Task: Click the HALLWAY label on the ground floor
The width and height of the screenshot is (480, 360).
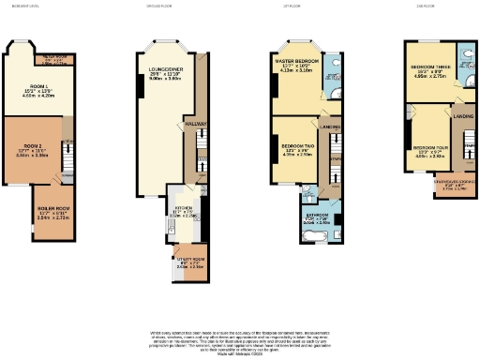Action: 196,123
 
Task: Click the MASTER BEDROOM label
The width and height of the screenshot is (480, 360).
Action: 295,63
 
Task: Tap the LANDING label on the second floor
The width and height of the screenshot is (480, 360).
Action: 463,116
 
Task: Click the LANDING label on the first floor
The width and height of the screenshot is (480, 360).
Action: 329,126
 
